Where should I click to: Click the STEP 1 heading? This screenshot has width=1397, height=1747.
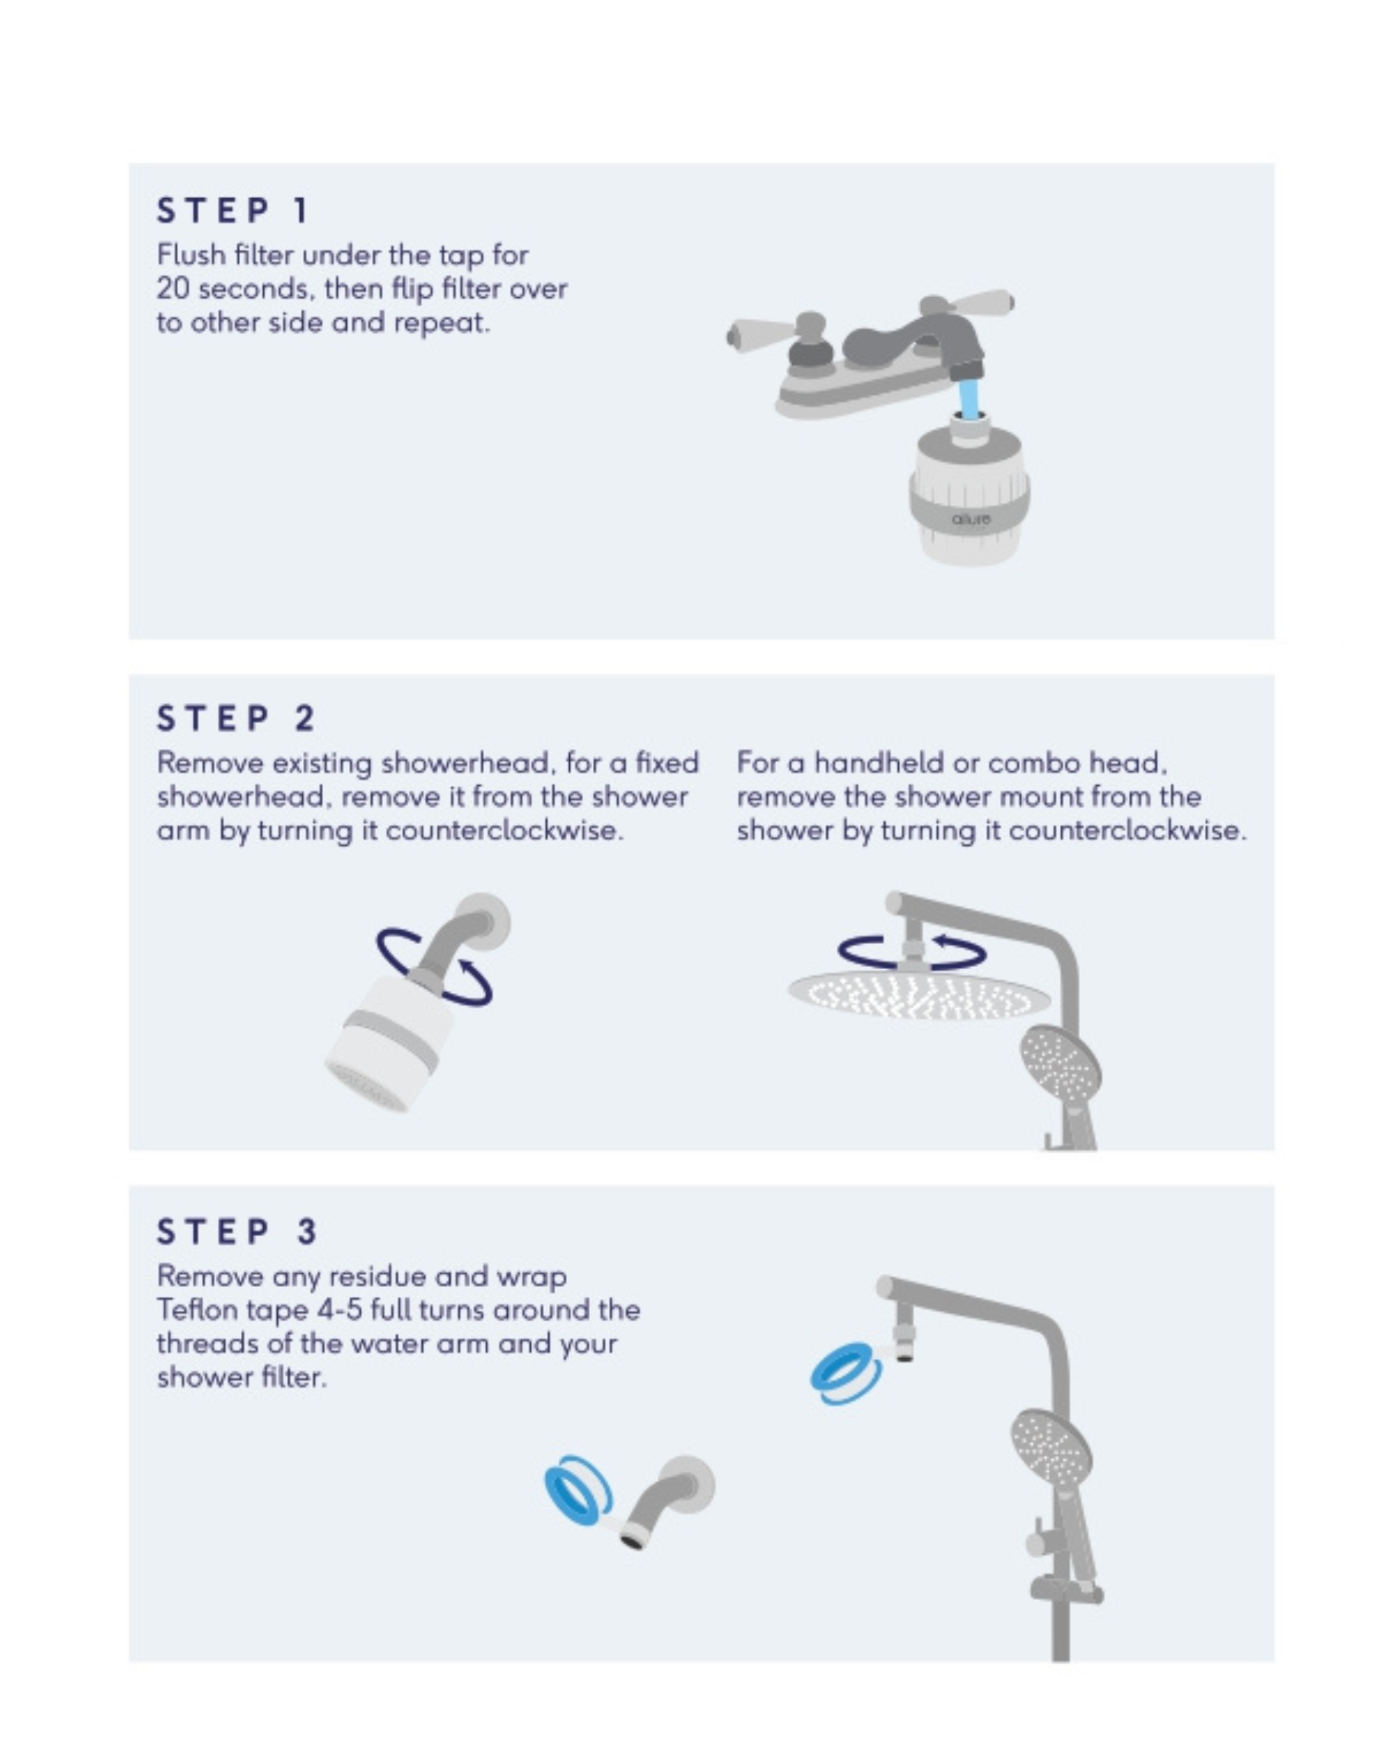pos(233,211)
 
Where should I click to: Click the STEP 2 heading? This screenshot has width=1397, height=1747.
pos(235,719)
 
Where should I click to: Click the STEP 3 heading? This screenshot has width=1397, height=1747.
pos(236,1232)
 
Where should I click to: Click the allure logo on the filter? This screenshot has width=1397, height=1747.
pos(971,518)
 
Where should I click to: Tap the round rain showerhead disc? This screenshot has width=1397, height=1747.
pos(919,994)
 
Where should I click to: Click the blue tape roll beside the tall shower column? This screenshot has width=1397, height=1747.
pos(846,1373)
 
